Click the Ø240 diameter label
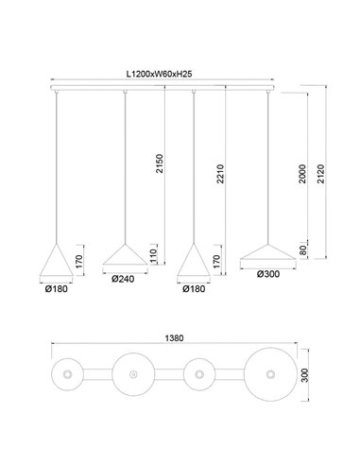[124, 279]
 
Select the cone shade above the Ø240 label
[124, 254]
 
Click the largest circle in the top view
[268, 377]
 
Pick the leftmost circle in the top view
[68, 377]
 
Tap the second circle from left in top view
[132, 377]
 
